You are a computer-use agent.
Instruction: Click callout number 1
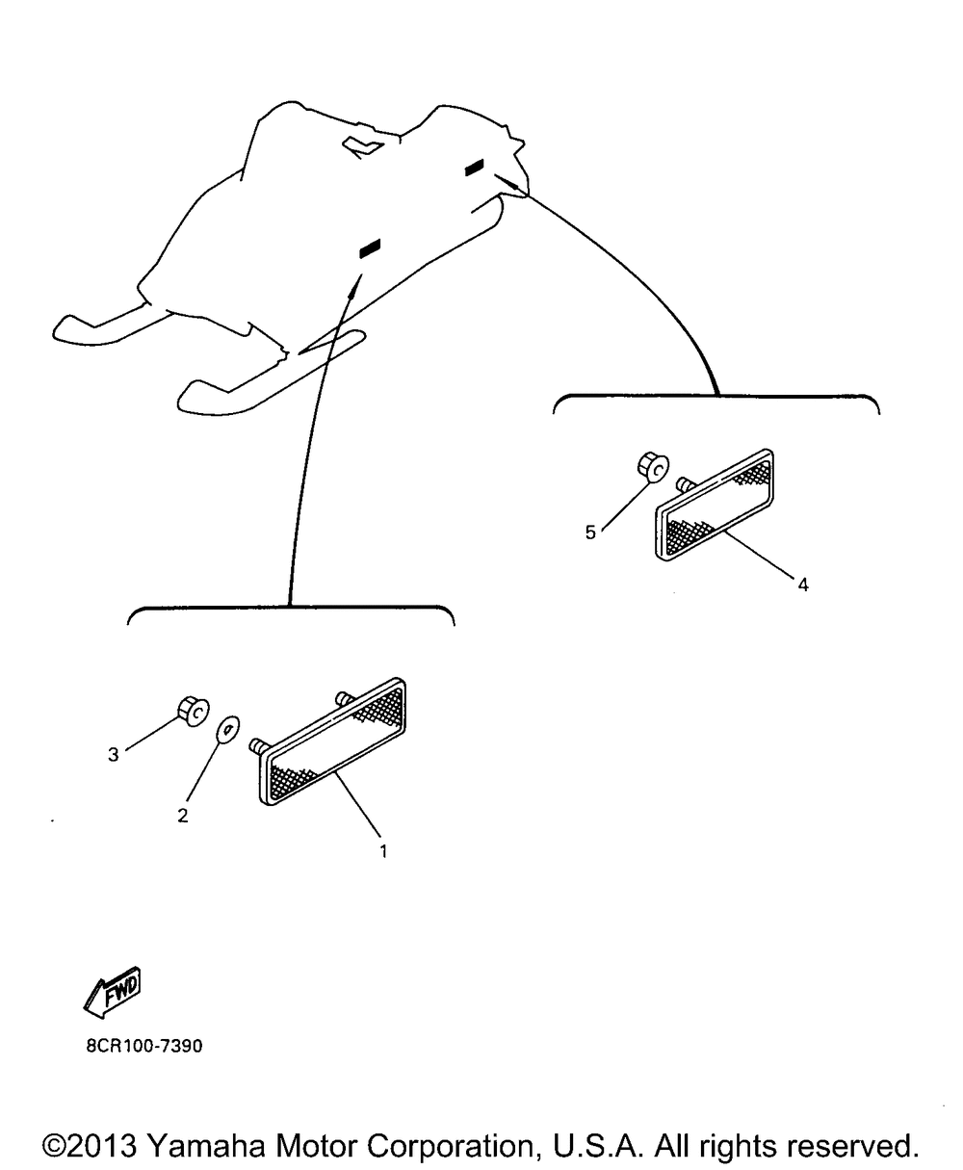click(x=383, y=850)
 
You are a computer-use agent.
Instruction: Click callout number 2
click(x=183, y=816)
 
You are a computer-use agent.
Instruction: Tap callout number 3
click(x=114, y=754)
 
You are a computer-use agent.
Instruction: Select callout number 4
click(x=803, y=585)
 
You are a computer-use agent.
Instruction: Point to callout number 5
click(x=590, y=533)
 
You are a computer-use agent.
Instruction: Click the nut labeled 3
click(x=193, y=712)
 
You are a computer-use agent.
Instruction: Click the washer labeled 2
click(x=227, y=729)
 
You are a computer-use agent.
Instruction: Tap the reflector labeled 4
click(x=716, y=505)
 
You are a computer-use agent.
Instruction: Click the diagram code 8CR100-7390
click(x=144, y=1046)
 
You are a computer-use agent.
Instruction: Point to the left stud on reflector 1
click(x=257, y=745)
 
